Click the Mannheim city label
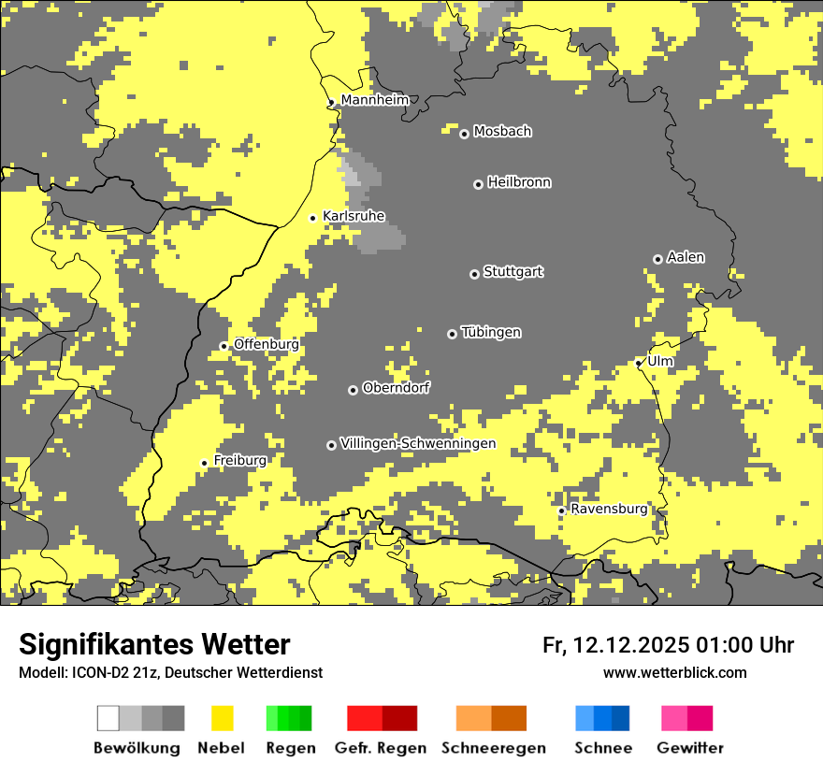[x=374, y=100]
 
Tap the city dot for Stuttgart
[x=474, y=274]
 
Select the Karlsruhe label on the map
[x=354, y=216]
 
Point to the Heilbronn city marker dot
[x=478, y=184]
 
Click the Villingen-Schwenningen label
[x=418, y=443]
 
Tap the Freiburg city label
[x=239, y=460]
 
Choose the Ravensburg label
[x=609, y=509]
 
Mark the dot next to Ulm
[x=639, y=363]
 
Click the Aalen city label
[x=686, y=257]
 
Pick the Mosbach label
[x=502, y=132]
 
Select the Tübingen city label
[x=491, y=332]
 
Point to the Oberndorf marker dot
[x=353, y=390]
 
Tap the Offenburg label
[x=267, y=344]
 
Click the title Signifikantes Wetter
[x=154, y=645]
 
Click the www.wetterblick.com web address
[x=674, y=672]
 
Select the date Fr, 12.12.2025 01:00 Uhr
[x=668, y=645]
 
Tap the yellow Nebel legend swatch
[x=222, y=718]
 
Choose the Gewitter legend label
[x=689, y=748]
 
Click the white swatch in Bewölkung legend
[x=108, y=718]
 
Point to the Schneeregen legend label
[x=493, y=748]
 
